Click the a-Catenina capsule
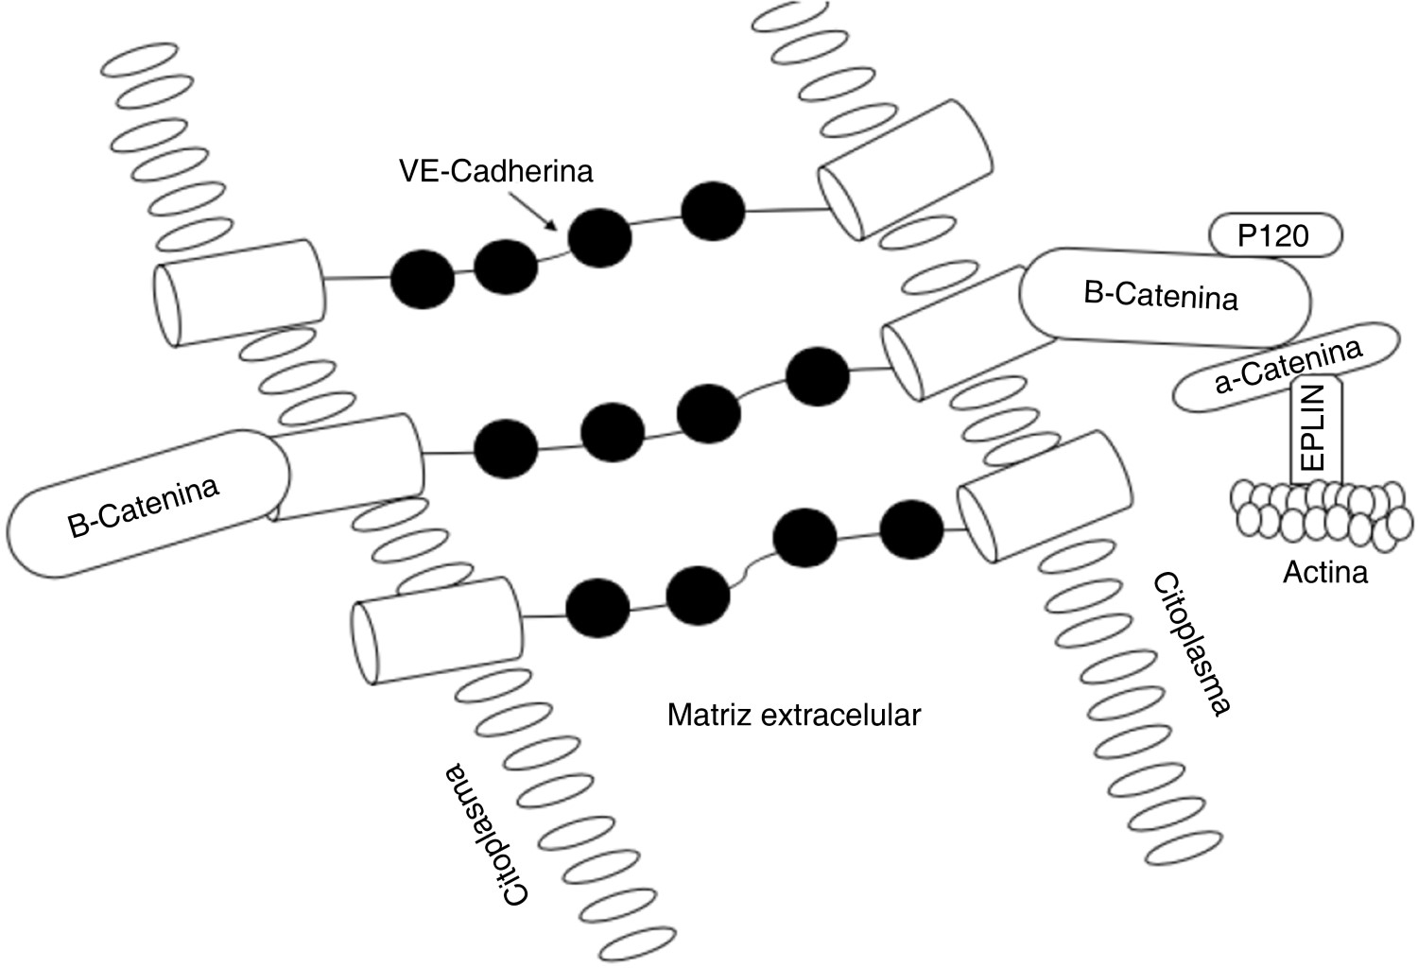click(x=1286, y=369)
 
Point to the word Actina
click(x=1325, y=571)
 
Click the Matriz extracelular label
click(x=793, y=714)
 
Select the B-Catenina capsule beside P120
click(x=1163, y=298)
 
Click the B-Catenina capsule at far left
click(x=147, y=503)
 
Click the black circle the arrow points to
click(x=598, y=238)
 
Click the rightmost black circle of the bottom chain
click(x=911, y=528)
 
